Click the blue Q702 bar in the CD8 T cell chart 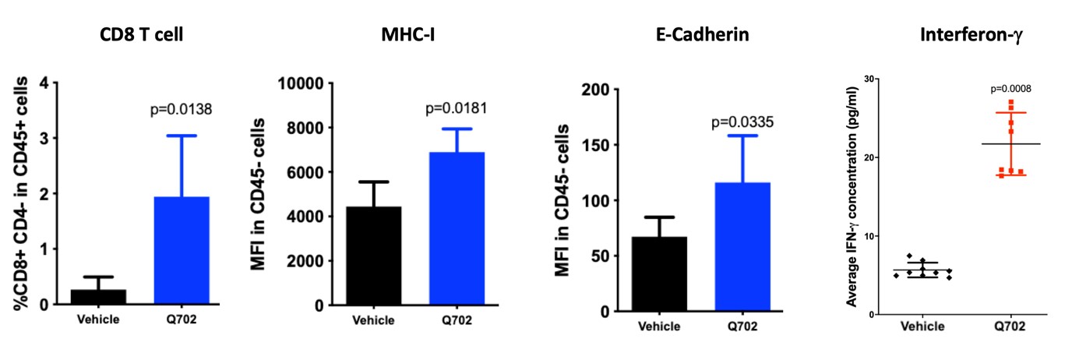[182, 250]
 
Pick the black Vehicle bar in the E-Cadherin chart [660, 274]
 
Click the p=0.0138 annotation [182, 110]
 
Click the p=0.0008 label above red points [1011, 89]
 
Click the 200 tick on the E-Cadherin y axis [597, 90]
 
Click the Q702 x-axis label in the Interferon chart [1010, 327]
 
